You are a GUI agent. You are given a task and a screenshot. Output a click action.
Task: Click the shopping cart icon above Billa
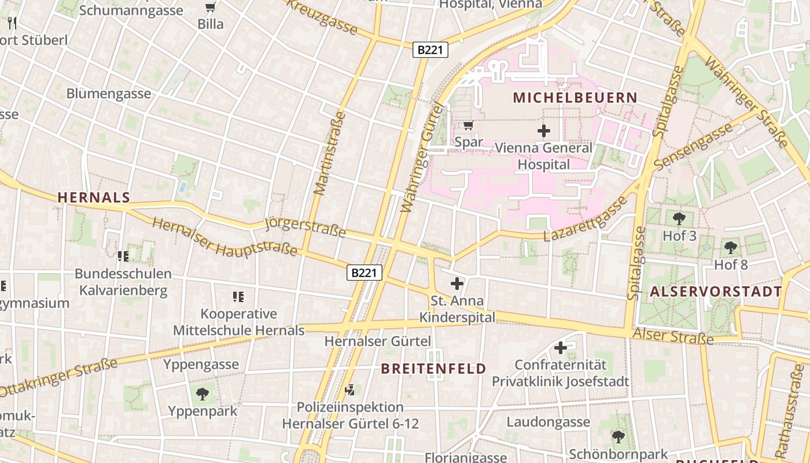[x=210, y=8]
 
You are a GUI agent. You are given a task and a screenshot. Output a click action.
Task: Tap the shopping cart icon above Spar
[x=469, y=125]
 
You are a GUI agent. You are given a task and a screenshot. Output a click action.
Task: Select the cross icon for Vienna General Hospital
[x=543, y=131]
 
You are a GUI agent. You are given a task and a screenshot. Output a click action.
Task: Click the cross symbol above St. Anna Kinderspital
[x=457, y=284]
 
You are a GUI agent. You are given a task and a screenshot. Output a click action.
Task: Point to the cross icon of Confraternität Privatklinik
[x=560, y=348]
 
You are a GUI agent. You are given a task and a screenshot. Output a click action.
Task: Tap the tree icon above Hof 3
[x=679, y=219]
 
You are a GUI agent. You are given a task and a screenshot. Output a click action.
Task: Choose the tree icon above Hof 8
[x=731, y=248]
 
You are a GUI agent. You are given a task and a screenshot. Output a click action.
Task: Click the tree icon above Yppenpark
[x=203, y=394]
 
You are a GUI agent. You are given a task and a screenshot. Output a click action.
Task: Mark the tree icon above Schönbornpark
[x=618, y=436]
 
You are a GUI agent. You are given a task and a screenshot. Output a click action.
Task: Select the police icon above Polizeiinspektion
[x=349, y=390]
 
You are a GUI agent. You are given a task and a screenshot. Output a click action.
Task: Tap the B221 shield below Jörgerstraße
[x=365, y=273]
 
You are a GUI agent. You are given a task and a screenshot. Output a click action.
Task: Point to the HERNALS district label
[x=94, y=197]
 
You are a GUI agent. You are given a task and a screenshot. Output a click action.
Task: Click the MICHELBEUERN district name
[x=575, y=98]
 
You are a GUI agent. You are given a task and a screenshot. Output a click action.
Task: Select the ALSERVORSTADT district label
[x=716, y=292]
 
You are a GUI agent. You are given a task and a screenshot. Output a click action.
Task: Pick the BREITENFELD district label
[x=433, y=369]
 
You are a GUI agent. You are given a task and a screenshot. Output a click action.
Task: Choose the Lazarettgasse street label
[x=586, y=219]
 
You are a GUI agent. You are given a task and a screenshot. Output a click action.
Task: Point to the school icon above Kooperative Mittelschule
[x=238, y=297]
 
